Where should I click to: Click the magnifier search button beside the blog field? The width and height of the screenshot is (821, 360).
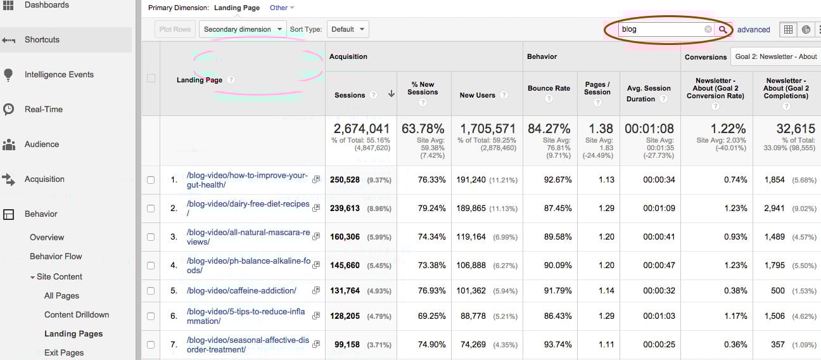click(x=723, y=29)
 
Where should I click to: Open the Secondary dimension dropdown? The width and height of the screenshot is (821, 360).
click(x=243, y=29)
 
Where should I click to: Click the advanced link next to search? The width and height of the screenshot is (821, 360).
click(x=753, y=30)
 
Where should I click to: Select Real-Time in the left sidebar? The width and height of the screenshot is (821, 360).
click(x=43, y=109)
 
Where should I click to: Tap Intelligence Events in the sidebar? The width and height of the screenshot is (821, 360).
click(x=58, y=74)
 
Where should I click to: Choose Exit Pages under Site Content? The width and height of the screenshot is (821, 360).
click(x=64, y=352)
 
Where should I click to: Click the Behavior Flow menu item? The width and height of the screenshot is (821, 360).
click(x=56, y=256)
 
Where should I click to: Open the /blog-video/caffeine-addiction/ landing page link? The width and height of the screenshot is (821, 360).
click(x=241, y=291)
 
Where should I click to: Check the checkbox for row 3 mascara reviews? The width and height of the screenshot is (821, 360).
click(x=151, y=237)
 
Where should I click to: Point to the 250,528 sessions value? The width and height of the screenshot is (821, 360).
click(x=345, y=180)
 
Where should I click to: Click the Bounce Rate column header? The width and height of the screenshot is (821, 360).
click(x=549, y=89)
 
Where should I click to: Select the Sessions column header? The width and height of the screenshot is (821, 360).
click(x=350, y=95)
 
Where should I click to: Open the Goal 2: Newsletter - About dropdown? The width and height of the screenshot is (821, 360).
click(x=775, y=56)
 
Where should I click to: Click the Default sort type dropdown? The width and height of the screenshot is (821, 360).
click(x=348, y=29)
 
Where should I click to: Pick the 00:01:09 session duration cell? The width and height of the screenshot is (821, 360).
click(x=659, y=209)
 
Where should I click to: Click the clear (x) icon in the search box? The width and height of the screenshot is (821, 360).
click(x=708, y=29)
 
